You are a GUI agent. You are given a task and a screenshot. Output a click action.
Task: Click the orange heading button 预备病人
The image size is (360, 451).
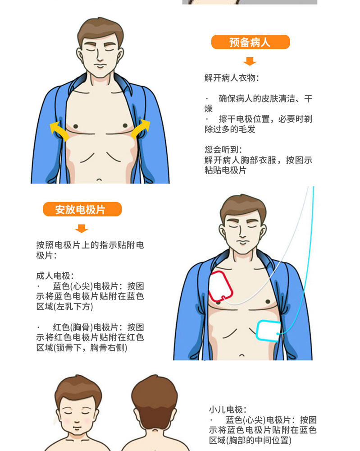(x=250, y=42)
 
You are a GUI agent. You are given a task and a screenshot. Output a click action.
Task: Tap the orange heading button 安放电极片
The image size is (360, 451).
(x=82, y=209)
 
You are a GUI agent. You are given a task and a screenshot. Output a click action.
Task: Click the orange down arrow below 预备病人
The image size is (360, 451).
(x=249, y=61)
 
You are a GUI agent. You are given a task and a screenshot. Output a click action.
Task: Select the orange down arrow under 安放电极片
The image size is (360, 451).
(x=81, y=228)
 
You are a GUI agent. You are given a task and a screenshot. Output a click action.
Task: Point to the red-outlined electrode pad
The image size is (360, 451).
(x=221, y=287)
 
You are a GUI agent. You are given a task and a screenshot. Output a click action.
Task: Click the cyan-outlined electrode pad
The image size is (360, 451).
(x=268, y=331)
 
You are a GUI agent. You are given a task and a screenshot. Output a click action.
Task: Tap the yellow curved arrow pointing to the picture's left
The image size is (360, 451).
(x=59, y=131)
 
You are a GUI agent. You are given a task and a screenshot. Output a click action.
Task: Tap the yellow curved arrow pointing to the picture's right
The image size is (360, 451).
(x=141, y=129)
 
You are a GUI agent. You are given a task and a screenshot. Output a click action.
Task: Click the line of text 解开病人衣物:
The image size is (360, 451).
(x=232, y=78)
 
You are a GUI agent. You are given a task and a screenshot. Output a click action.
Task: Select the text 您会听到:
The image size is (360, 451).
(x=223, y=150)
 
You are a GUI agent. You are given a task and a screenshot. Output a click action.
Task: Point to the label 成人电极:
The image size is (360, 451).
(x=55, y=276)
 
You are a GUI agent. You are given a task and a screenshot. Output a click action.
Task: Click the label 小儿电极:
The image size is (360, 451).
(x=228, y=410)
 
